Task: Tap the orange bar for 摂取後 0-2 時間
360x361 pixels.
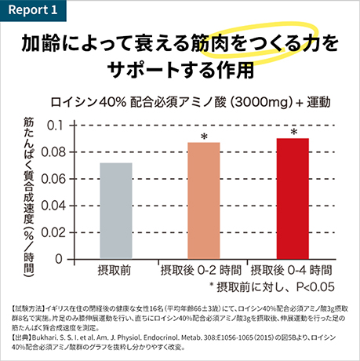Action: tap(204, 200)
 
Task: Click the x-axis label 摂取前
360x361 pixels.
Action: tap(115, 270)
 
